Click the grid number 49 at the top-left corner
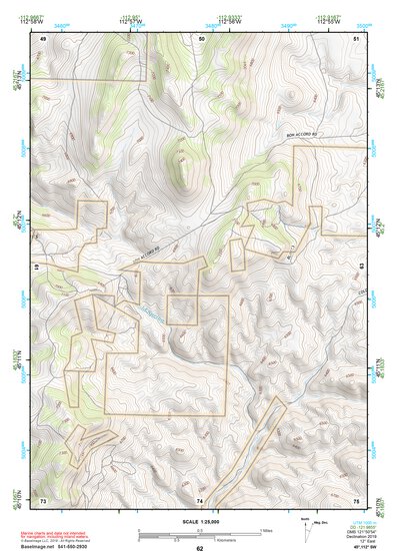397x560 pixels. pos(44,38)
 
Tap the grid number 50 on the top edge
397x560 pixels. pos(201,38)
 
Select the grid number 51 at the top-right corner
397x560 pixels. pos(357,38)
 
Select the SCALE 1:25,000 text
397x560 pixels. pos(199,521)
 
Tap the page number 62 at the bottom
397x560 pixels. pos(199,549)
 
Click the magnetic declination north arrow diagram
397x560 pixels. pos(304,534)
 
